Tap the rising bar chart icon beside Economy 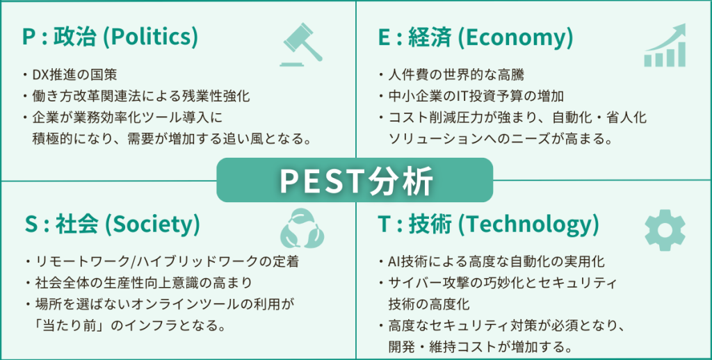click(x=664, y=46)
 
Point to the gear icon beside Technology click(x=665, y=230)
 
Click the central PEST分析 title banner click(x=355, y=180)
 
